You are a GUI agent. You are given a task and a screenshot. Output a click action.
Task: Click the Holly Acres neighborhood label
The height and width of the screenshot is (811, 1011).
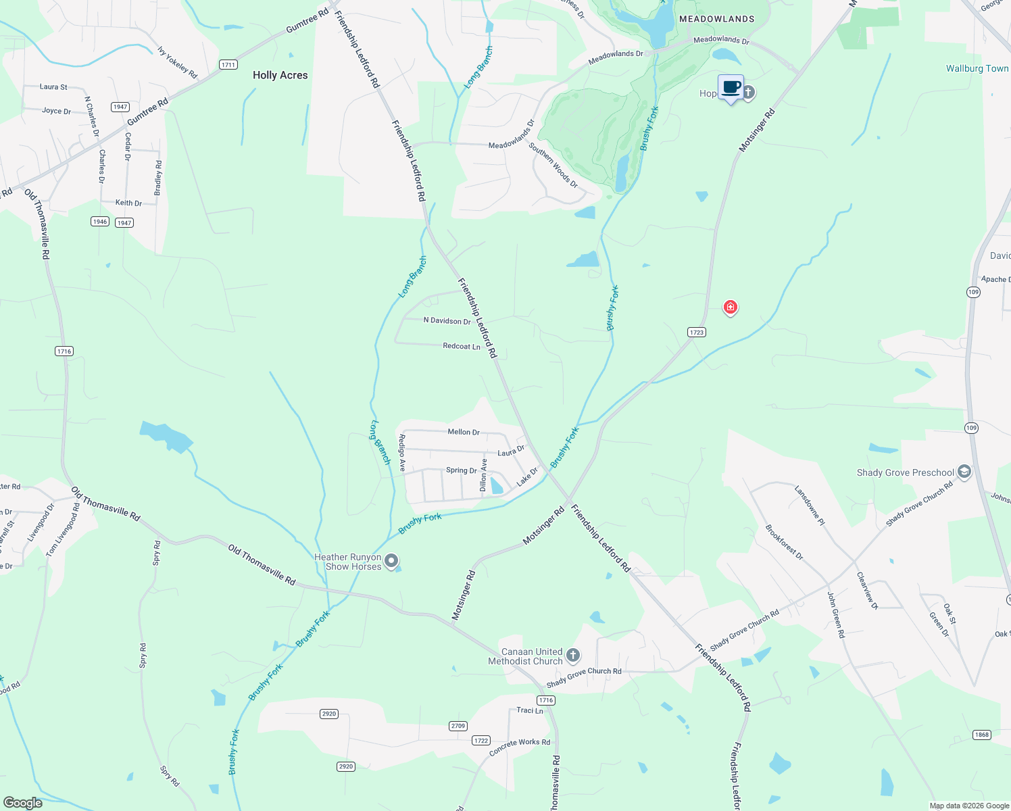[280, 75]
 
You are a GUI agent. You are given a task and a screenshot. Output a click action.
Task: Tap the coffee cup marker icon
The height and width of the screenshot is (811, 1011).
[731, 88]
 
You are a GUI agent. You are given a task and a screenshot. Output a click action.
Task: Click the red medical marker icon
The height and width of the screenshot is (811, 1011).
[730, 308]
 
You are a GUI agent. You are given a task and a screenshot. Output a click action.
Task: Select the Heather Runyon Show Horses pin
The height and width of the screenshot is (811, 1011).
[391, 561]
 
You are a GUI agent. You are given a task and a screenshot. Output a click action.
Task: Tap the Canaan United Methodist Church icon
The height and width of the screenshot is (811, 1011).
[572, 655]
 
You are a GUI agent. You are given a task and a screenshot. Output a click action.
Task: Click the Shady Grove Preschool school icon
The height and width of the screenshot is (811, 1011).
[964, 472]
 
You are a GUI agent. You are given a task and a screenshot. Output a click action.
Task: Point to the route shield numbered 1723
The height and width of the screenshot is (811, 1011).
[697, 332]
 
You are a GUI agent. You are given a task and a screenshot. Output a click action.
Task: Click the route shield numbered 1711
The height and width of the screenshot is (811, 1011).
[228, 65]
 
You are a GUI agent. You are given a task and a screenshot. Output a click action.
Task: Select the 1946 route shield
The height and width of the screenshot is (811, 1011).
[100, 222]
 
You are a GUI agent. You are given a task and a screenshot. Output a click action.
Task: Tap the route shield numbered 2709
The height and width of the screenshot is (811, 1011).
[458, 726]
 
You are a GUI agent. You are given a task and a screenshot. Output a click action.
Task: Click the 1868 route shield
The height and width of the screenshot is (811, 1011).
[982, 735]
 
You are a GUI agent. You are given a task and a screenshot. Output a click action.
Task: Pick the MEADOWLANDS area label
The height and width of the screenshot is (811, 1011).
[716, 19]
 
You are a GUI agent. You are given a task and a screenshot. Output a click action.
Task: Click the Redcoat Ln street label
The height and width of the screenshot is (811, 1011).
[462, 346]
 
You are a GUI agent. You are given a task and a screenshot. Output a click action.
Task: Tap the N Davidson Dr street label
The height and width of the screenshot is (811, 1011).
[447, 320]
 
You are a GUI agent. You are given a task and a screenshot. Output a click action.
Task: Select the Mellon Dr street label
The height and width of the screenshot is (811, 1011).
[464, 432]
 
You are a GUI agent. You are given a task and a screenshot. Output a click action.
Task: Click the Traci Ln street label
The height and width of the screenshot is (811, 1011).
[530, 710]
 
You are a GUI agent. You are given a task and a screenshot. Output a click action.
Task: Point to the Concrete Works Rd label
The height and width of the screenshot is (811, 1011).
[520, 746]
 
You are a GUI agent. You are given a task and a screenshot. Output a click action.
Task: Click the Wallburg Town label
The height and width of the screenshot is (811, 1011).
[977, 68]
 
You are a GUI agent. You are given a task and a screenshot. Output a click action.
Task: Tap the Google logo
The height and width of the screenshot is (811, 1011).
[23, 803]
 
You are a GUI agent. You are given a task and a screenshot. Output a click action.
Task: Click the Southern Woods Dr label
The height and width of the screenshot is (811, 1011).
[553, 165]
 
